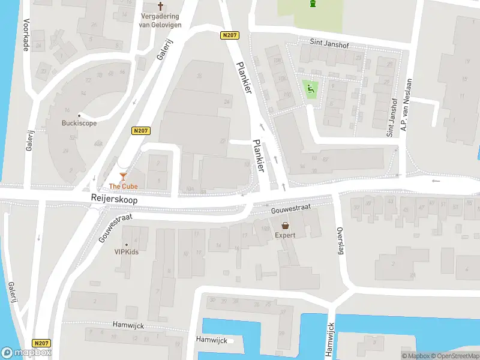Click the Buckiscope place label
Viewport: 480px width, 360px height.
pyautogui.click(x=79, y=123)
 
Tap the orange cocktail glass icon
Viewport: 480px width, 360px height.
pyautogui.click(x=123, y=176)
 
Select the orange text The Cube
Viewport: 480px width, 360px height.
pyautogui.click(x=123, y=187)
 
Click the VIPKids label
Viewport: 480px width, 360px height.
pyautogui.click(x=127, y=252)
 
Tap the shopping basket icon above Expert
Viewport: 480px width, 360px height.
pyautogui.click(x=286, y=226)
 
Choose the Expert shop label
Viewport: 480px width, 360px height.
pyautogui.click(x=286, y=236)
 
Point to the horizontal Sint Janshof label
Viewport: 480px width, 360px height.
pyautogui.click(x=329, y=44)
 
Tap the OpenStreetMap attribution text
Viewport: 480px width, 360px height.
pyautogui.click(x=452, y=356)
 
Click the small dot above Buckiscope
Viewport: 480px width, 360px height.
pyautogui.click(x=79, y=115)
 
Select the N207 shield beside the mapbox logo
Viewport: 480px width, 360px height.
pyautogui.click(x=41, y=343)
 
